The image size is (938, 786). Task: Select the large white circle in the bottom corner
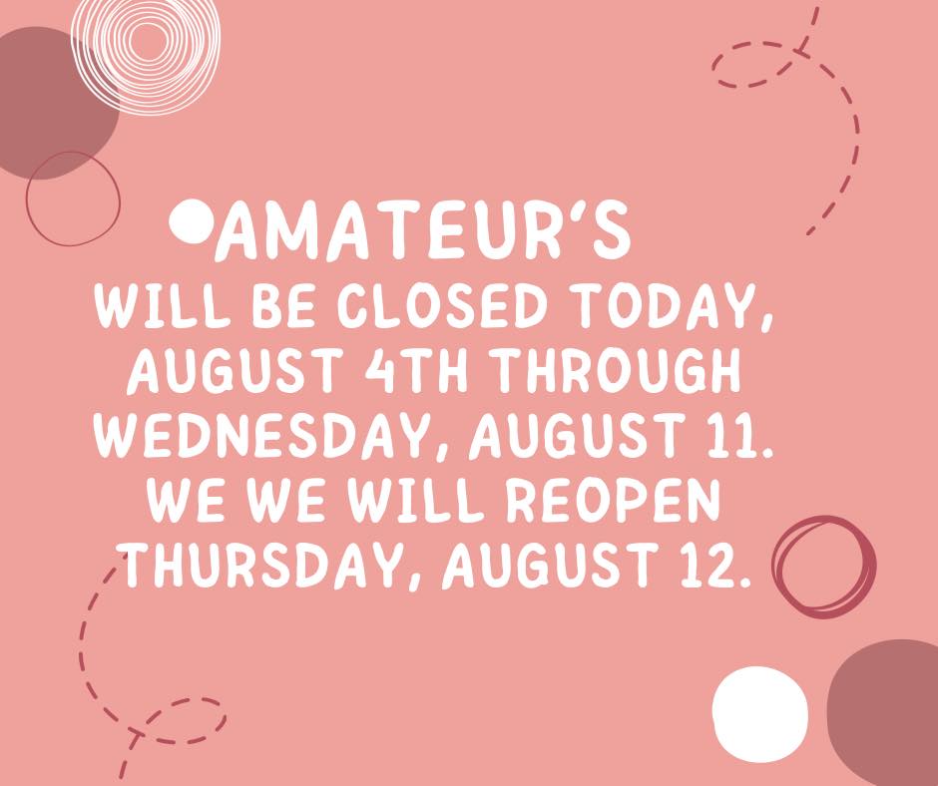click(759, 714)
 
